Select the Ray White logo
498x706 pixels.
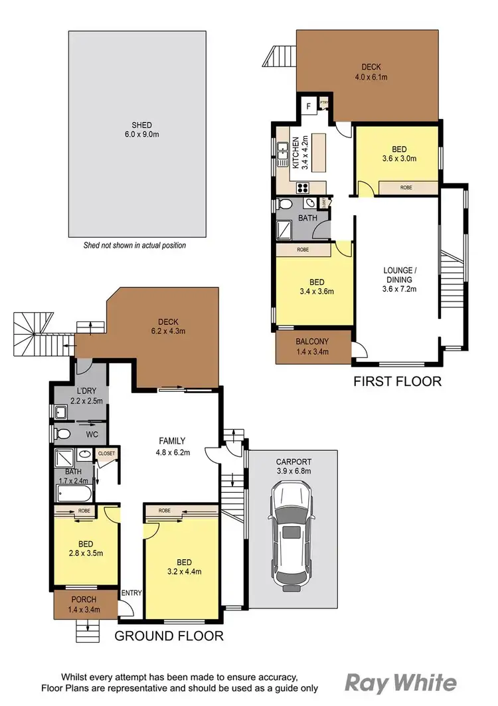400,683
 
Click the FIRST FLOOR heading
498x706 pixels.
396,381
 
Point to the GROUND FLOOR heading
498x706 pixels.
169,636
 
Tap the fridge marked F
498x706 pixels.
309,106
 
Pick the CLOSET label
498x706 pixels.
106,454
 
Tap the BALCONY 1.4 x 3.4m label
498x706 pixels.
312,347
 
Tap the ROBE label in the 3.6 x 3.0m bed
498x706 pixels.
406,188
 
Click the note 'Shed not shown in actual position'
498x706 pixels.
134,245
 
